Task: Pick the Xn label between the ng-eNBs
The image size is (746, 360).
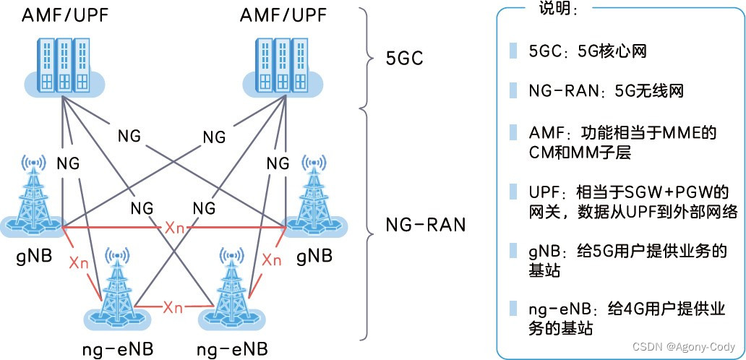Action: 173,307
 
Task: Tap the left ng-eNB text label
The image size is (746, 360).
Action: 117,350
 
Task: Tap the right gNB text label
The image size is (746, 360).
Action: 314,256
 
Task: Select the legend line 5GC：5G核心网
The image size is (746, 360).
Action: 586,51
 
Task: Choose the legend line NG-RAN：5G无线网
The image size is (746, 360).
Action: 606,92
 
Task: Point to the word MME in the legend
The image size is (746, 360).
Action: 674,134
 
